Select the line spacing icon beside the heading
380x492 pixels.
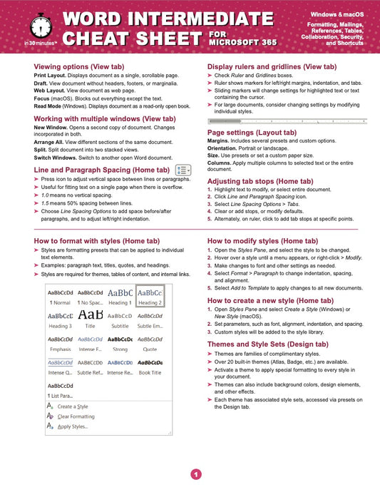pos(183,170)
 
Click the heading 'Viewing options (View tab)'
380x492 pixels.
pos(79,66)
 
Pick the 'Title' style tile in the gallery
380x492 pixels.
pos(90,319)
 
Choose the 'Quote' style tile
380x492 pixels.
pos(150,343)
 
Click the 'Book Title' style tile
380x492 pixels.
pos(150,367)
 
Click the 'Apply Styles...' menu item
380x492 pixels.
pos(73,426)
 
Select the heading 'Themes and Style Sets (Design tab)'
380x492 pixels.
pos(267,343)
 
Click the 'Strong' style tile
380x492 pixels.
pos(120,343)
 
